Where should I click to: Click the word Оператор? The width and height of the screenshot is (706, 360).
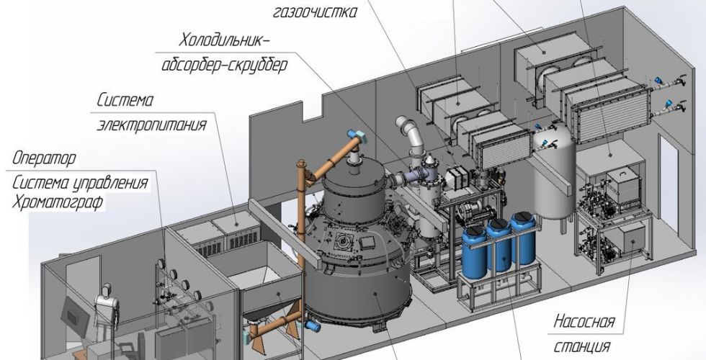click(44, 158)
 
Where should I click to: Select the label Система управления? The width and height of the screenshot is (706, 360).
click(80, 183)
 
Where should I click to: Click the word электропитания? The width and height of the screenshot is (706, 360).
click(152, 124)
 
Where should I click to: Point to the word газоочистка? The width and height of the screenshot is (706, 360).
click(315, 12)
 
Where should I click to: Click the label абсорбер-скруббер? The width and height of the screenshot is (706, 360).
click(224, 66)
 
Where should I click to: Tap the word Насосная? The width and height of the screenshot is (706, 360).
click(584, 322)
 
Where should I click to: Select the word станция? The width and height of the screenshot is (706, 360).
click(582, 346)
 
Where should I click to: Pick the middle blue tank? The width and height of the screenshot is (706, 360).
click(499, 245)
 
